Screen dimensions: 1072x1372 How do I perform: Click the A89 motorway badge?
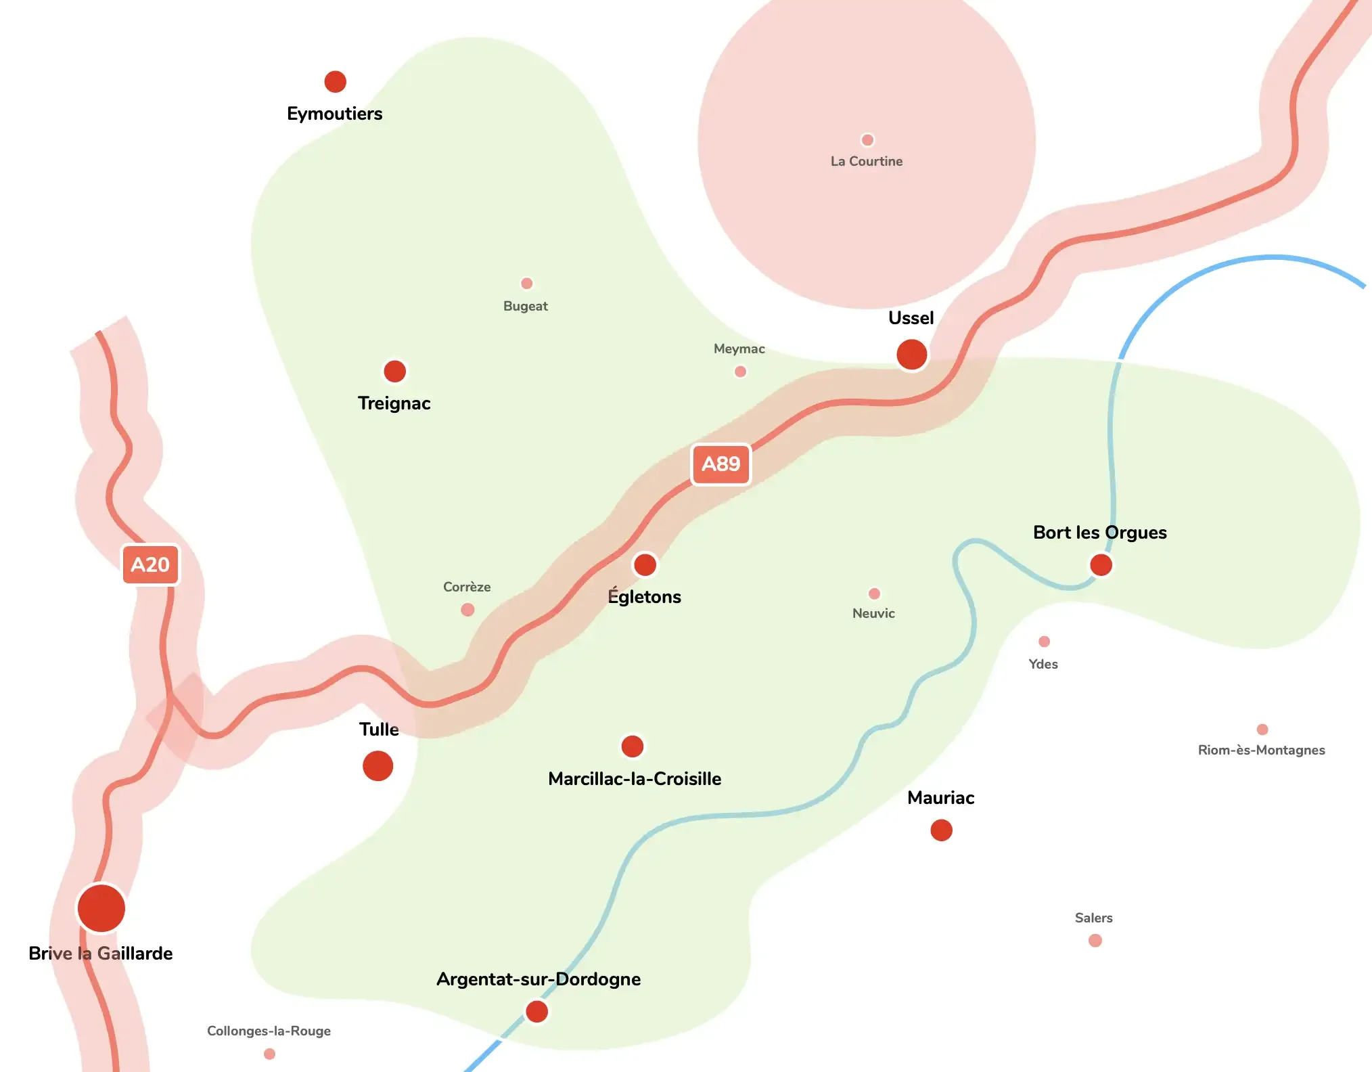[x=721, y=464]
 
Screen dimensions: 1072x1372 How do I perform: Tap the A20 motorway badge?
[x=150, y=564]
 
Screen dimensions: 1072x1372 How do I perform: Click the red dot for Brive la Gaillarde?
[x=101, y=908]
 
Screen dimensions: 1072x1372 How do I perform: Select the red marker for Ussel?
[x=911, y=354]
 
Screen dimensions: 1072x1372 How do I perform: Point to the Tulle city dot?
[x=378, y=765]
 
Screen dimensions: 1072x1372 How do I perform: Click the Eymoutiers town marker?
[x=335, y=82]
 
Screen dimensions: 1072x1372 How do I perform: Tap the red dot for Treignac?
[x=394, y=371]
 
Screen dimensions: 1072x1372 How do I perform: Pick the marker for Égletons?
[x=645, y=564]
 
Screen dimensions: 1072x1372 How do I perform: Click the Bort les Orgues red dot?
[x=1101, y=564]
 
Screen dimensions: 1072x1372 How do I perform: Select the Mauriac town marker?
[x=941, y=830]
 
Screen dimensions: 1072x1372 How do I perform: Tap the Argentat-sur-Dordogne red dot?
[x=536, y=1011]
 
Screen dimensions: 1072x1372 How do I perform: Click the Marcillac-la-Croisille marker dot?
[x=633, y=746]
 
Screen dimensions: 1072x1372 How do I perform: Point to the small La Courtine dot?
[x=867, y=140]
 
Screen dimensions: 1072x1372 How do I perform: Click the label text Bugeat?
[x=525, y=306]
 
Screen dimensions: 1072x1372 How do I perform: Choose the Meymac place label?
[x=739, y=349]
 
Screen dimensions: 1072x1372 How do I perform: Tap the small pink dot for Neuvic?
[x=874, y=594]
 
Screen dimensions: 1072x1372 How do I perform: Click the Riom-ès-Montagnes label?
[x=1261, y=750]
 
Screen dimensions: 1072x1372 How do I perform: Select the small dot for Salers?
[x=1095, y=940]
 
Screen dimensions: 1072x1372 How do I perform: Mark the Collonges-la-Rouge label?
[x=269, y=1031]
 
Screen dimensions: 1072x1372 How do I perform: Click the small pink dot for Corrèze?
[x=467, y=610]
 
